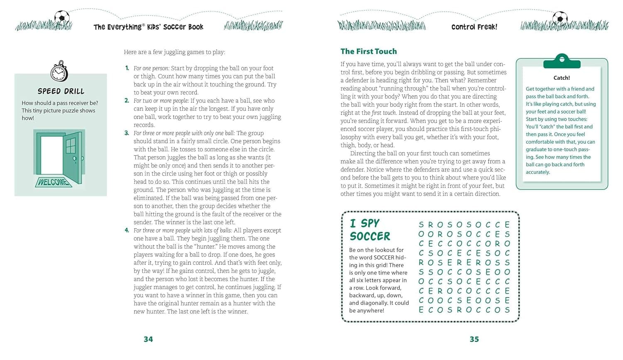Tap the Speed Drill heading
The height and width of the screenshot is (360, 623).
[61, 91]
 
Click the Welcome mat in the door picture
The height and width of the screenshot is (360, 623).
[53, 182]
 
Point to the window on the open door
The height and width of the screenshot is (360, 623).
[71, 146]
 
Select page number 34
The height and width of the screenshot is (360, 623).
[148, 339]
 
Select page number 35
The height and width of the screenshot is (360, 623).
[474, 339]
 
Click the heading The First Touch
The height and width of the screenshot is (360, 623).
[368, 51]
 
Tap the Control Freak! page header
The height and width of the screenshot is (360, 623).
[474, 27]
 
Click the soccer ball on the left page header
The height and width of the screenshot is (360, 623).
[62, 17]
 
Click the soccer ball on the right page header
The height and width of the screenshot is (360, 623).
[560, 17]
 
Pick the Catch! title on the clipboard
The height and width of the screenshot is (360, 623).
[562, 78]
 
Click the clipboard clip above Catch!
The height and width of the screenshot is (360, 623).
[562, 61]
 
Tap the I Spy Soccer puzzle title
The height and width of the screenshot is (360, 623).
[370, 230]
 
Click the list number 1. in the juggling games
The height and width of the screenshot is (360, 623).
[127, 68]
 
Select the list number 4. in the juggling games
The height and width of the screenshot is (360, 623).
[127, 230]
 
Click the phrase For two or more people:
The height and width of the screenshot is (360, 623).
[161, 101]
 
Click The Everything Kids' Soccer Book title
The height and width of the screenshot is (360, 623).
[148, 27]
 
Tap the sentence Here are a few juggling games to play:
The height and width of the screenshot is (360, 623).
[174, 52]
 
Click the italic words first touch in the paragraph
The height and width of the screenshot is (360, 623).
[384, 113]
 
